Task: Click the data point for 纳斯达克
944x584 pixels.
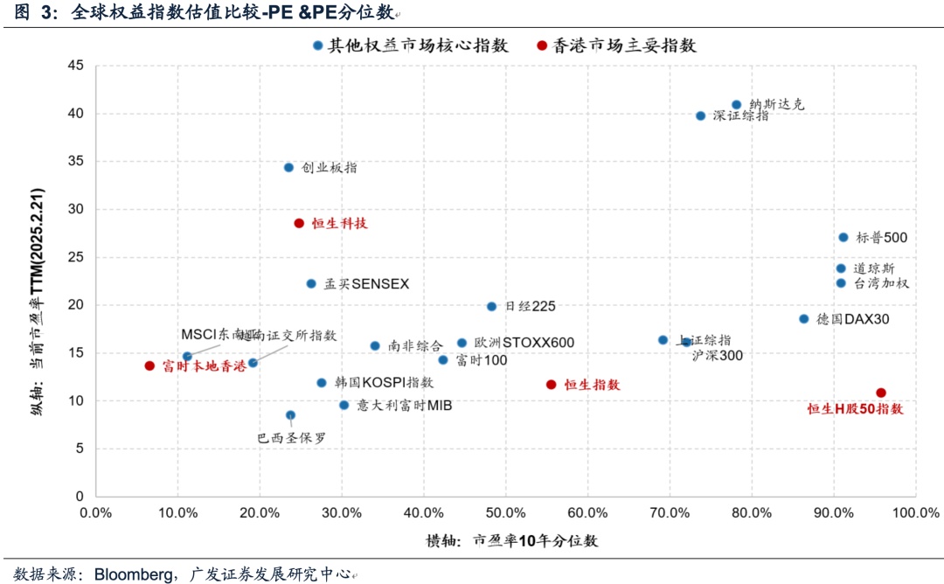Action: point(736,105)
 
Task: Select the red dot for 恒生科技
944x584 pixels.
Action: point(299,224)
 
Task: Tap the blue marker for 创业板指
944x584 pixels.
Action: point(288,167)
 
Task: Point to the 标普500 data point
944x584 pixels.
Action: point(843,237)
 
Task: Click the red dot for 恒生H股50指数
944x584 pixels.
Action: point(881,393)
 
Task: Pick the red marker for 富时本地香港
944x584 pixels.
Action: point(149,366)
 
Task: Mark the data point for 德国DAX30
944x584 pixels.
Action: point(804,319)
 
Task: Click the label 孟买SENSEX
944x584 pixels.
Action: point(366,284)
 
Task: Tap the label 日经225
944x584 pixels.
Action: point(531,307)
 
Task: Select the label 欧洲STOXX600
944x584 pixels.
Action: point(524,343)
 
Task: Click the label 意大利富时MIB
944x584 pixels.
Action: point(404,406)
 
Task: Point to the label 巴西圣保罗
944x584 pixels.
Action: point(292,439)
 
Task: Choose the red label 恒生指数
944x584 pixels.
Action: point(592,385)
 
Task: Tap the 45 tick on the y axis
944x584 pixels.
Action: point(75,66)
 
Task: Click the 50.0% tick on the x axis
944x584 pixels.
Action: point(505,512)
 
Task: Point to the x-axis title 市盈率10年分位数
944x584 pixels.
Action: point(536,540)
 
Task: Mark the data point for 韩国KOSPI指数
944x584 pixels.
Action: point(322,383)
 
